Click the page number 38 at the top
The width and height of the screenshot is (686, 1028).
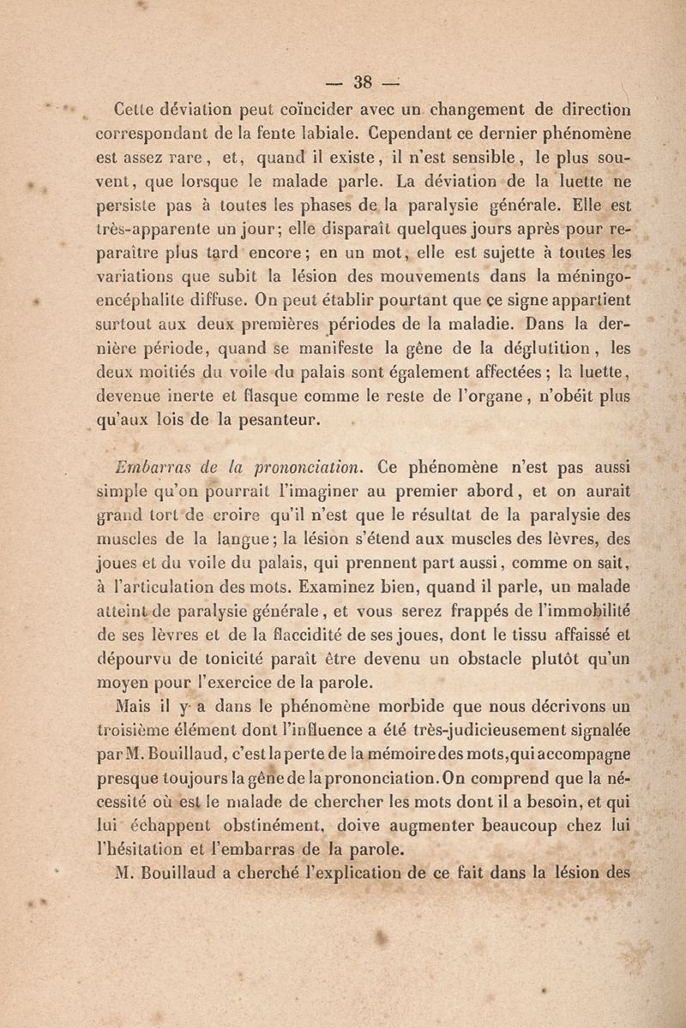coord(354,84)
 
